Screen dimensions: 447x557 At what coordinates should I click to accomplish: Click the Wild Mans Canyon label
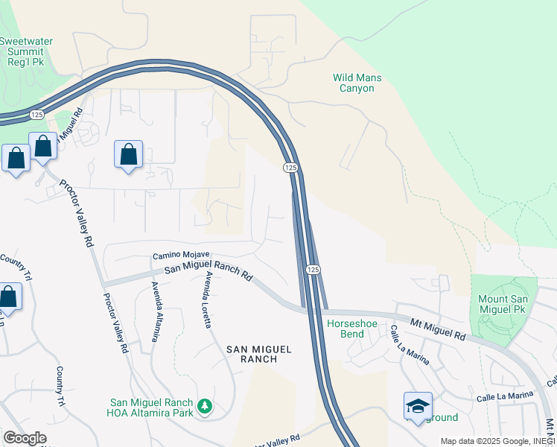tap(353, 82)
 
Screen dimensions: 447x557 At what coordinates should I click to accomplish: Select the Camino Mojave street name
tap(181, 256)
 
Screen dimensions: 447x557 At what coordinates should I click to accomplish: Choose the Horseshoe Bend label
tap(346, 329)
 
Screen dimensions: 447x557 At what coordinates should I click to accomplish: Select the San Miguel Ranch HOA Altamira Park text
tap(153, 408)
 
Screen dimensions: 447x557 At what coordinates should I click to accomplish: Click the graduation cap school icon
tap(418, 406)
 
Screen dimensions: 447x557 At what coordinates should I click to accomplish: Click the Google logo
tap(25, 438)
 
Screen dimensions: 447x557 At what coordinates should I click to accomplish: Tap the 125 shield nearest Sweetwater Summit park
tap(37, 115)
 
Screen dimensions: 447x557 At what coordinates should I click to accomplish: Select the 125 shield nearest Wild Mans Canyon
tap(290, 168)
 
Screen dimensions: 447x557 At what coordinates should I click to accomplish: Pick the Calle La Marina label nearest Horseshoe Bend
tap(410, 345)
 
